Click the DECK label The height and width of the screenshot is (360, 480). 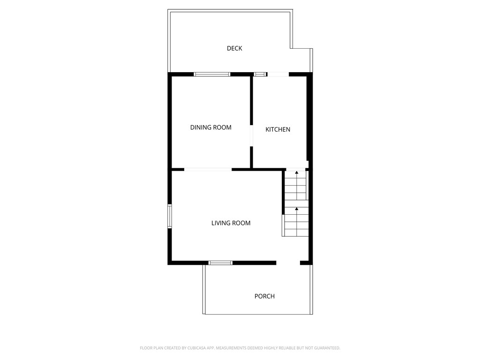(234, 48)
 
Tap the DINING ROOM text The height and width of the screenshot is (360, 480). (210, 127)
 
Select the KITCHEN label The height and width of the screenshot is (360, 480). (278, 129)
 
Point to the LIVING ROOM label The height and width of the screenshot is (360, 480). (231, 223)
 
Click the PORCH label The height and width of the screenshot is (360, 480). (264, 296)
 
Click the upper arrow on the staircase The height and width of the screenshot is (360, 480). (296, 173)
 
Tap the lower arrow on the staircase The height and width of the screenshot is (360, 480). (296, 209)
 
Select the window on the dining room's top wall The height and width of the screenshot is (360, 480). (212, 74)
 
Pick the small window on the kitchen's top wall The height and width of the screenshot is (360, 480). (260, 74)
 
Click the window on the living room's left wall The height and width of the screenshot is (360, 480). (170, 216)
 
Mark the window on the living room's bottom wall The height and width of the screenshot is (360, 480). (220, 262)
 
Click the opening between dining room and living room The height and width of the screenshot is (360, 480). (208, 169)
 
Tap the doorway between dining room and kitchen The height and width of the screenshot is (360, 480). (252, 136)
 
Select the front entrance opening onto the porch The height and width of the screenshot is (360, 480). (288, 262)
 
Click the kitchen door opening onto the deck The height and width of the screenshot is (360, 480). (278, 74)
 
